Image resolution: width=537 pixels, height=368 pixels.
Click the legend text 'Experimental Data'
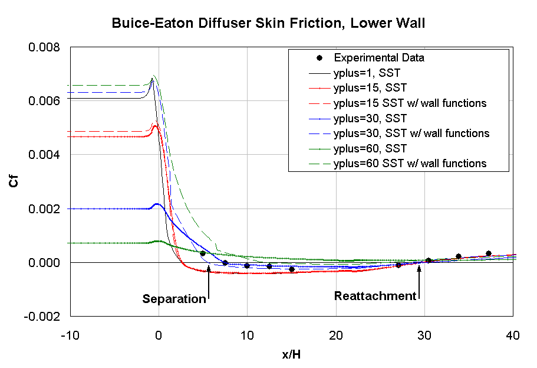(x=379, y=58)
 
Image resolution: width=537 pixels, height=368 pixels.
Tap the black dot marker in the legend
(x=319, y=58)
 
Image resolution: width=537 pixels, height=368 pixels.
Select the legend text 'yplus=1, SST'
(x=367, y=73)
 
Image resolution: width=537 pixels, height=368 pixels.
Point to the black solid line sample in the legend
(x=319, y=73)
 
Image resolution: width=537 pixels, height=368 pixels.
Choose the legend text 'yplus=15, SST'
(x=370, y=88)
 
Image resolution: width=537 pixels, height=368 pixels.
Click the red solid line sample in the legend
(x=319, y=88)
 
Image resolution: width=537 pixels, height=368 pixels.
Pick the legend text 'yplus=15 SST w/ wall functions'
(x=410, y=103)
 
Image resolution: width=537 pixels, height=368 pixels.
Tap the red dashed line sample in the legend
(x=319, y=103)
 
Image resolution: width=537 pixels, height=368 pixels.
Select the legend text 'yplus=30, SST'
(x=370, y=118)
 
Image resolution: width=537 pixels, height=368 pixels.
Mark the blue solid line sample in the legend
(x=319, y=118)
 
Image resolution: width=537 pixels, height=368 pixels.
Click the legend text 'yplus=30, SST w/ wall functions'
(x=411, y=133)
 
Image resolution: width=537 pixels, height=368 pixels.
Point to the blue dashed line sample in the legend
(x=319, y=133)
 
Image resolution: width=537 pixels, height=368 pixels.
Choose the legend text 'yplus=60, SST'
(x=370, y=148)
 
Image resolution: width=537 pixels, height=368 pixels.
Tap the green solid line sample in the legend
(x=319, y=148)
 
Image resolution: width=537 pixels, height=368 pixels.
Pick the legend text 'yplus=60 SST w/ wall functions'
(x=410, y=164)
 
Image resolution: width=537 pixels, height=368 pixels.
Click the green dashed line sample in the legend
(x=319, y=164)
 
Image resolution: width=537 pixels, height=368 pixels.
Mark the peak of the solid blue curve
(x=157, y=204)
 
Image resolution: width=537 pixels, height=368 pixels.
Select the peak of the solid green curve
(x=157, y=241)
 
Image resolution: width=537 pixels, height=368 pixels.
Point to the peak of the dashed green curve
(x=154, y=76)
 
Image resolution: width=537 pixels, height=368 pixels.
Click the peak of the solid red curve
(x=156, y=126)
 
